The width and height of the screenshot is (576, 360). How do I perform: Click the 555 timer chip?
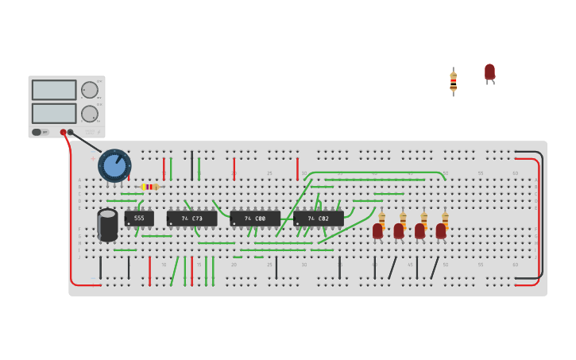[139, 218]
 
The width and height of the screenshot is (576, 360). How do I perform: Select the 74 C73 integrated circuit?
[191, 218]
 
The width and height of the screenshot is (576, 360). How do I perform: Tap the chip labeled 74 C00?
[255, 218]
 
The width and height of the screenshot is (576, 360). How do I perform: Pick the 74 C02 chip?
[319, 218]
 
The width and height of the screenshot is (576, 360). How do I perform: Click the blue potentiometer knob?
[114, 165]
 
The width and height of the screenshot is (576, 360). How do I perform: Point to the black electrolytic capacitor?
[107, 224]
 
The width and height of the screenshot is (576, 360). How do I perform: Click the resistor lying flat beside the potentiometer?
[149, 187]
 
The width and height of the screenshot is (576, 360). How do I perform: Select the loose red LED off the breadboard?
[489, 72]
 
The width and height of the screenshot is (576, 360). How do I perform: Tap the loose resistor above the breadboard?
[454, 81]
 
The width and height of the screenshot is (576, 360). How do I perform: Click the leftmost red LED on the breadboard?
[377, 230]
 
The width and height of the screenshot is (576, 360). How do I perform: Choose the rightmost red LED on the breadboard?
[441, 230]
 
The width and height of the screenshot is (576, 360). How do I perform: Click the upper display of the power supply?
[54, 90]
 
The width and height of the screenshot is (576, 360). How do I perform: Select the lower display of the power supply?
[54, 113]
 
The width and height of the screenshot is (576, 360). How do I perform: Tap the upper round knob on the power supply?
[89, 90]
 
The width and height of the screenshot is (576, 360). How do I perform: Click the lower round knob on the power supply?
[89, 114]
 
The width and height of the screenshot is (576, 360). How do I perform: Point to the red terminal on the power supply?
[63, 133]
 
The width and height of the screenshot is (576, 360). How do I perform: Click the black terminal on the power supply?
[71, 133]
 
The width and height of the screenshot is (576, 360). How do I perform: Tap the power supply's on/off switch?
[37, 132]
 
